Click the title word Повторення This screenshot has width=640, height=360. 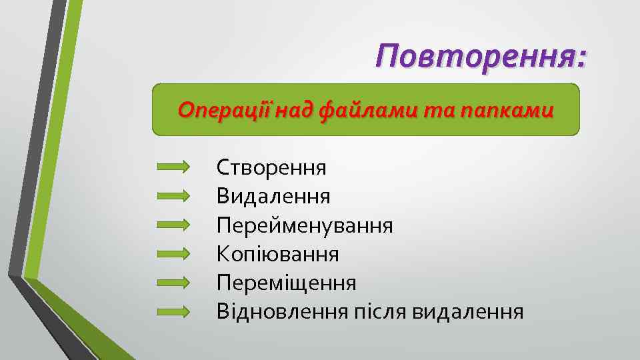pyautogui.click(x=475, y=57)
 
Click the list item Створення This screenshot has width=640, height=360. pyautogui.click(x=271, y=167)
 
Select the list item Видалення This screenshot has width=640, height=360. pyautogui.click(x=273, y=196)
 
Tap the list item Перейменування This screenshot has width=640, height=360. pyautogui.click(x=305, y=225)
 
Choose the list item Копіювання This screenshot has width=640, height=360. pyautogui.click(x=277, y=254)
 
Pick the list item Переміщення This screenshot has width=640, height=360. pyautogui.click(x=286, y=283)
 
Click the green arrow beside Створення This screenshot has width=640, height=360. pyautogui.click(x=173, y=167)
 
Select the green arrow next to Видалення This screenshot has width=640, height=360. pyautogui.click(x=173, y=196)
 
